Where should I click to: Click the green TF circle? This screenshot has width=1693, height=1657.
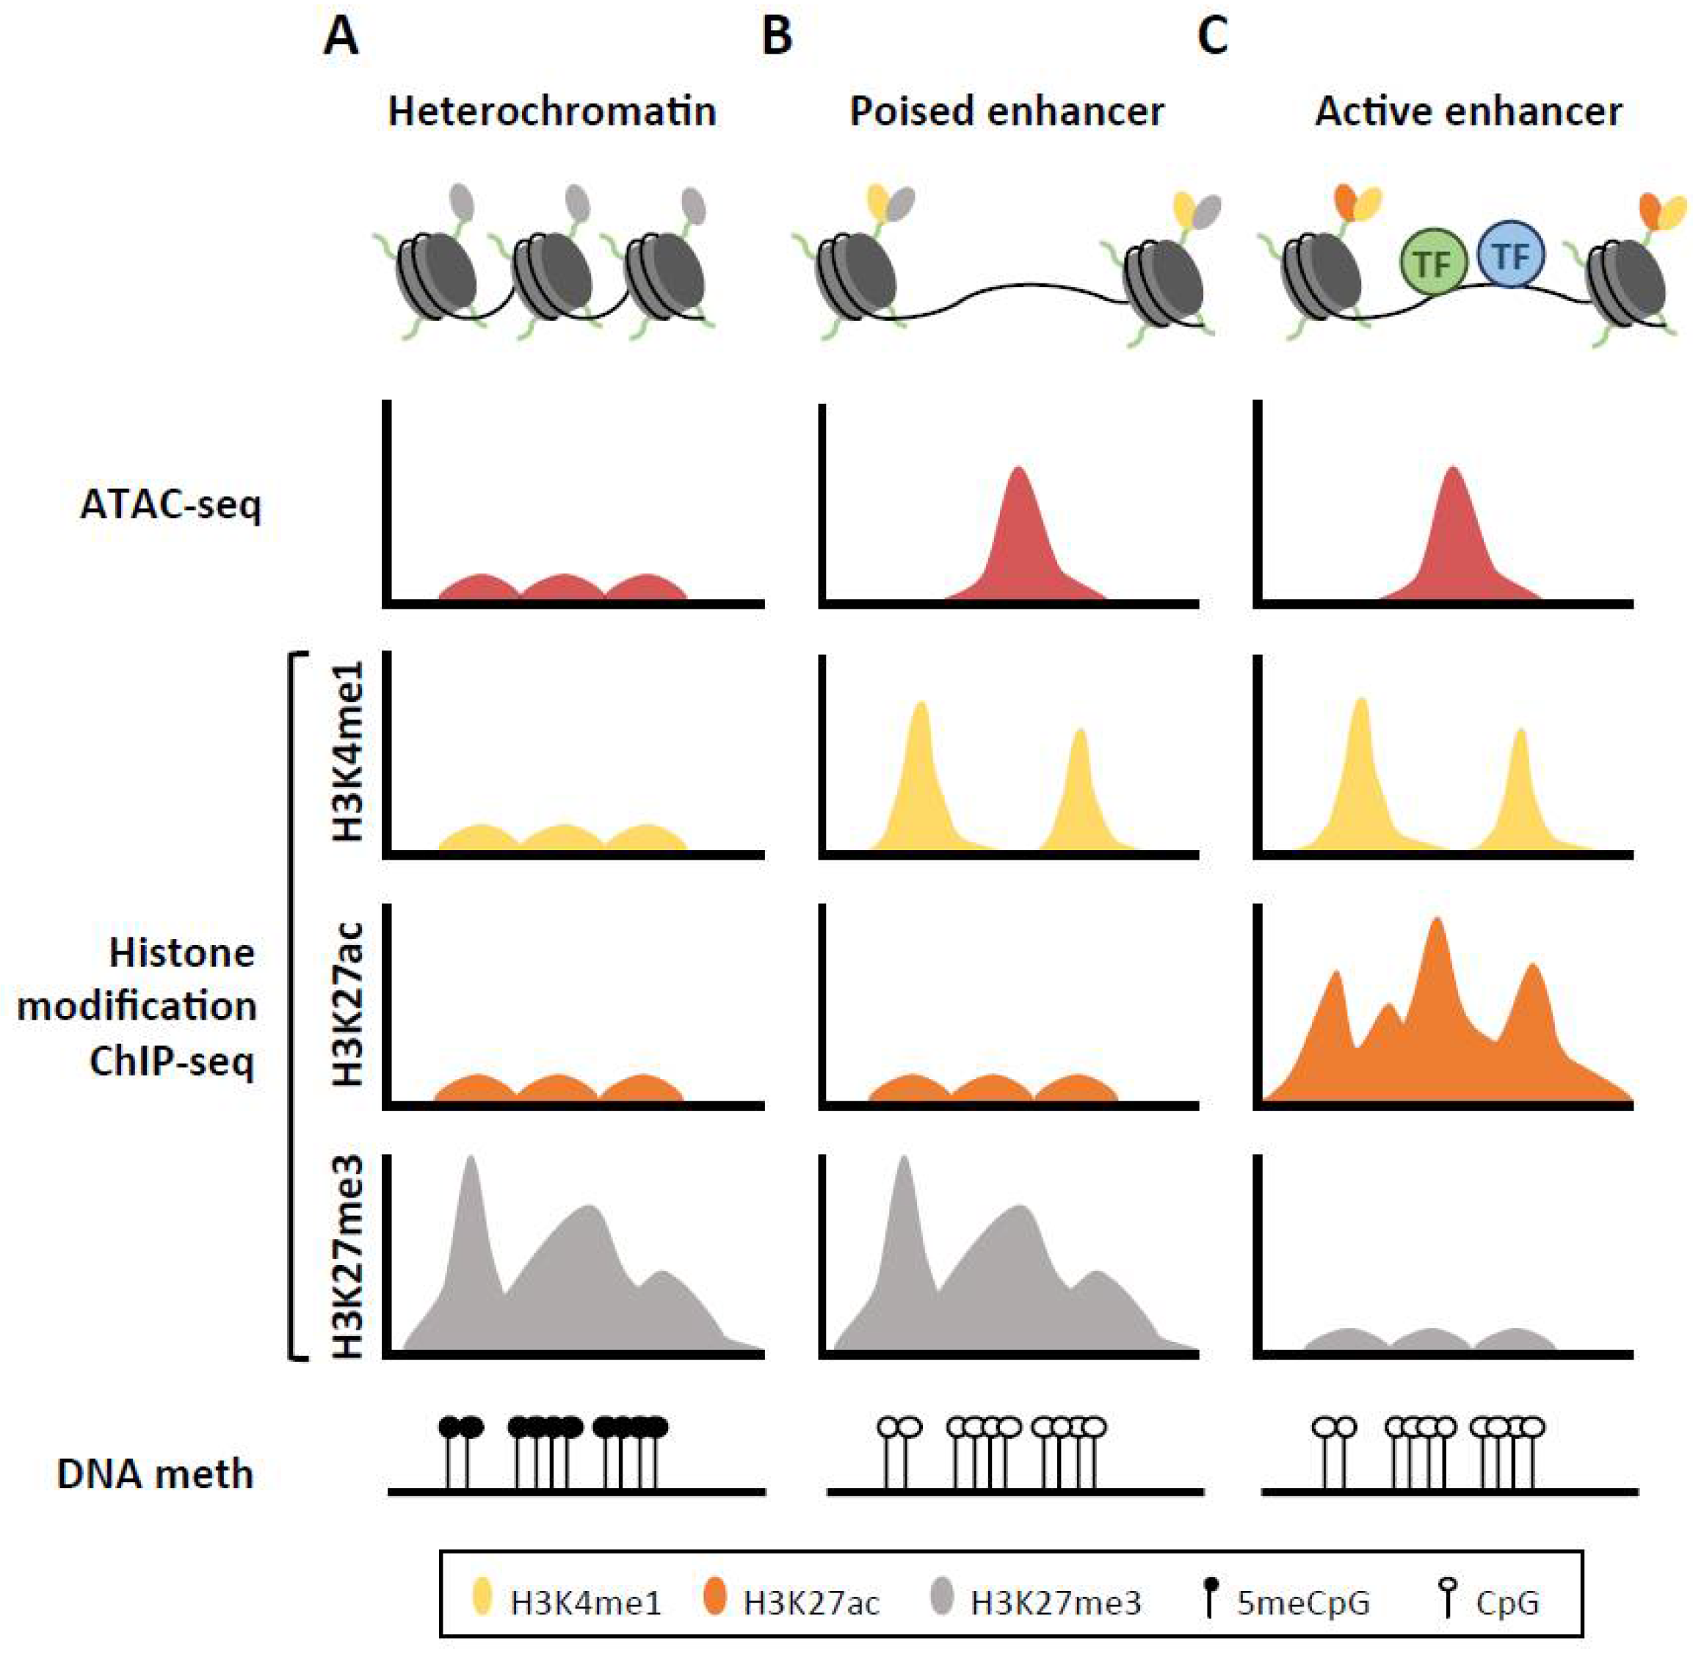pyautogui.click(x=1432, y=260)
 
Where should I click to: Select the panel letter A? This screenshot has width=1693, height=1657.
pyautogui.click(x=341, y=37)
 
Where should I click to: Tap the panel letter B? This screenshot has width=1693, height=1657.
pyautogui.click(x=777, y=37)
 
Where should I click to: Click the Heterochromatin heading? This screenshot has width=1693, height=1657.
pyautogui.click(x=552, y=112)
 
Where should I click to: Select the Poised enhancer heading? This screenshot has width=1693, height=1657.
pyautogui.click(x=1007, y=112)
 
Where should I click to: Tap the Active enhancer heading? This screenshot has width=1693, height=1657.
pyautogui.click(x=1468, y=112)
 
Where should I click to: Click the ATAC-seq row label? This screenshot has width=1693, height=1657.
pyautogui.click(x=170, y=505)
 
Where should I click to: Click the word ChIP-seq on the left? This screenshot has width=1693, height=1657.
pyautogui.click(x=173, y=1061)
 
